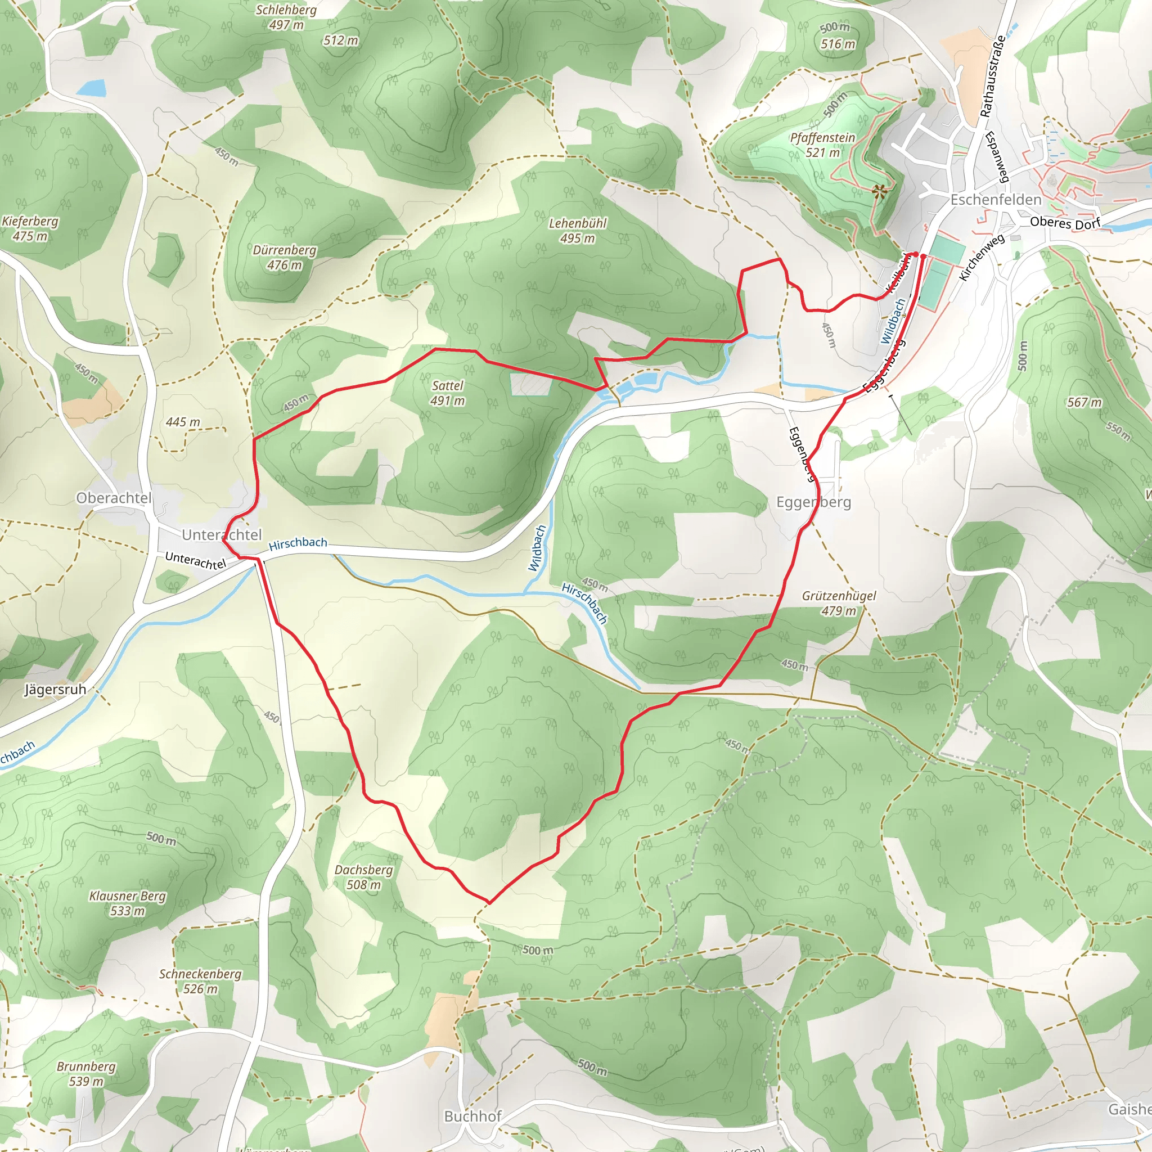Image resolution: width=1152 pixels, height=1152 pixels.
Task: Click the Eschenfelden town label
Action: pos(996,200)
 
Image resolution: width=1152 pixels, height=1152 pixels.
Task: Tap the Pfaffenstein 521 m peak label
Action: pos(822,145)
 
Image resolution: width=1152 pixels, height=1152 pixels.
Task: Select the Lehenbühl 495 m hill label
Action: pos(577,231)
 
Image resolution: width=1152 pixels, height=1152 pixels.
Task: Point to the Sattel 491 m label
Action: pos(447,393)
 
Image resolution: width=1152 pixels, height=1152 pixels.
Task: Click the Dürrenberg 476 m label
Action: pos(285,258)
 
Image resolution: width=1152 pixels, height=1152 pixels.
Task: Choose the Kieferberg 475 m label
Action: pos(30,228)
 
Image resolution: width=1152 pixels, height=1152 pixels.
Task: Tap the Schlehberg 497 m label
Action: pos(286,17)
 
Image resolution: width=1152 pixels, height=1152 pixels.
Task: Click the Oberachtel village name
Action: pos(114,498)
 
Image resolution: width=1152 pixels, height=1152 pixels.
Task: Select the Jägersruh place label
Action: pos(55,690)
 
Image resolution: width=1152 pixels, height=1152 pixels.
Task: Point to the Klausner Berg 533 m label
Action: pos(128,903)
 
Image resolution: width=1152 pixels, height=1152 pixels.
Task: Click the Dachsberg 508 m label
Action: pos(364,877)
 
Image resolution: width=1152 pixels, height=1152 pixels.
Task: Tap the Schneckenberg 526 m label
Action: pos(200,982)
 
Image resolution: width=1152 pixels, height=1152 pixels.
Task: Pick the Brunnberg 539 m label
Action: pos(87,1074)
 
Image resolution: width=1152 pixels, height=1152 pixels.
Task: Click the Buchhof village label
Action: pos(473,1116)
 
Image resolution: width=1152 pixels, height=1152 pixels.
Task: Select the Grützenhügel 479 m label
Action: pos(838,603)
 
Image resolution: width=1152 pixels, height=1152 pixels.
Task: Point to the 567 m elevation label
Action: pos(1084,403)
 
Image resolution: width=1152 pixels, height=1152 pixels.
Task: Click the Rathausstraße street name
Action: pos(993,76)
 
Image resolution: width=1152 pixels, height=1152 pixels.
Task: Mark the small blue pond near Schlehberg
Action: pos(91,89)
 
